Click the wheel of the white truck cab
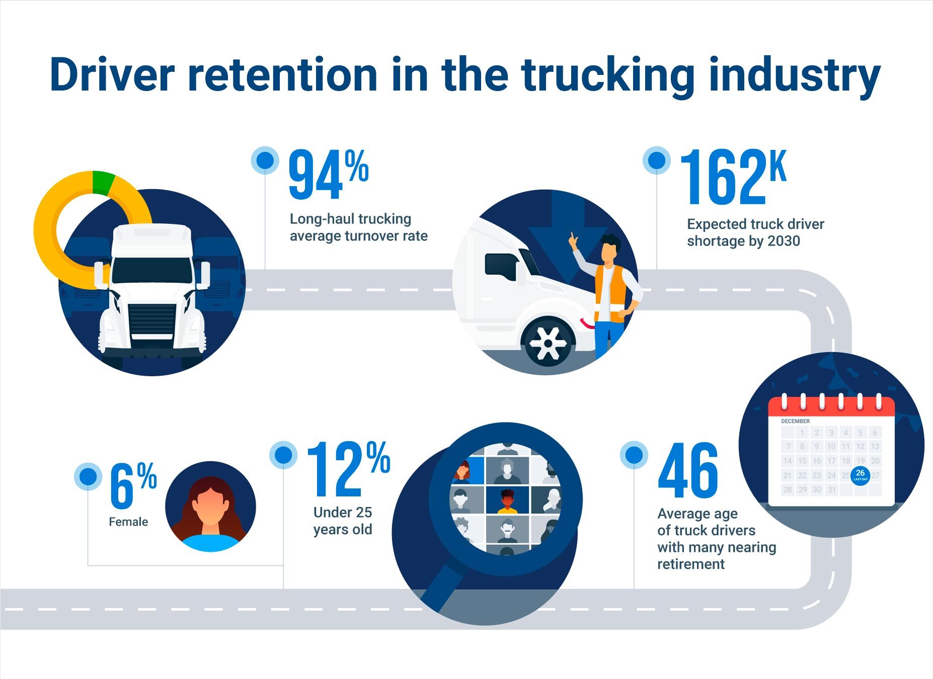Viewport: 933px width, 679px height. (x=548, y=344)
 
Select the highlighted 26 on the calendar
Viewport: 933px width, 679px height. (x=860, y=474)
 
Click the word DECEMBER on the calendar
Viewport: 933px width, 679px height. (x=795, y=421)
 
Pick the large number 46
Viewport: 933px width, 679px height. (x=688, y=472)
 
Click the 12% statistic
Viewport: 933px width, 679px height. (x=347, y=470)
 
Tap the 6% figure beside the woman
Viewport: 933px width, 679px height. (x=132, y=486)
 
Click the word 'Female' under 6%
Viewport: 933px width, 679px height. (x=128, y=522)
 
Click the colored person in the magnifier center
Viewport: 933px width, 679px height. (x=507, y=501)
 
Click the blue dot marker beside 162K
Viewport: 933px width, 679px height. (x=656, y=160)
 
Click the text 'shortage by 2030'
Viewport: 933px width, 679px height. (x=743, y=241)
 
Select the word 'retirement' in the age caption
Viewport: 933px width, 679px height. (x=690, y=564)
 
